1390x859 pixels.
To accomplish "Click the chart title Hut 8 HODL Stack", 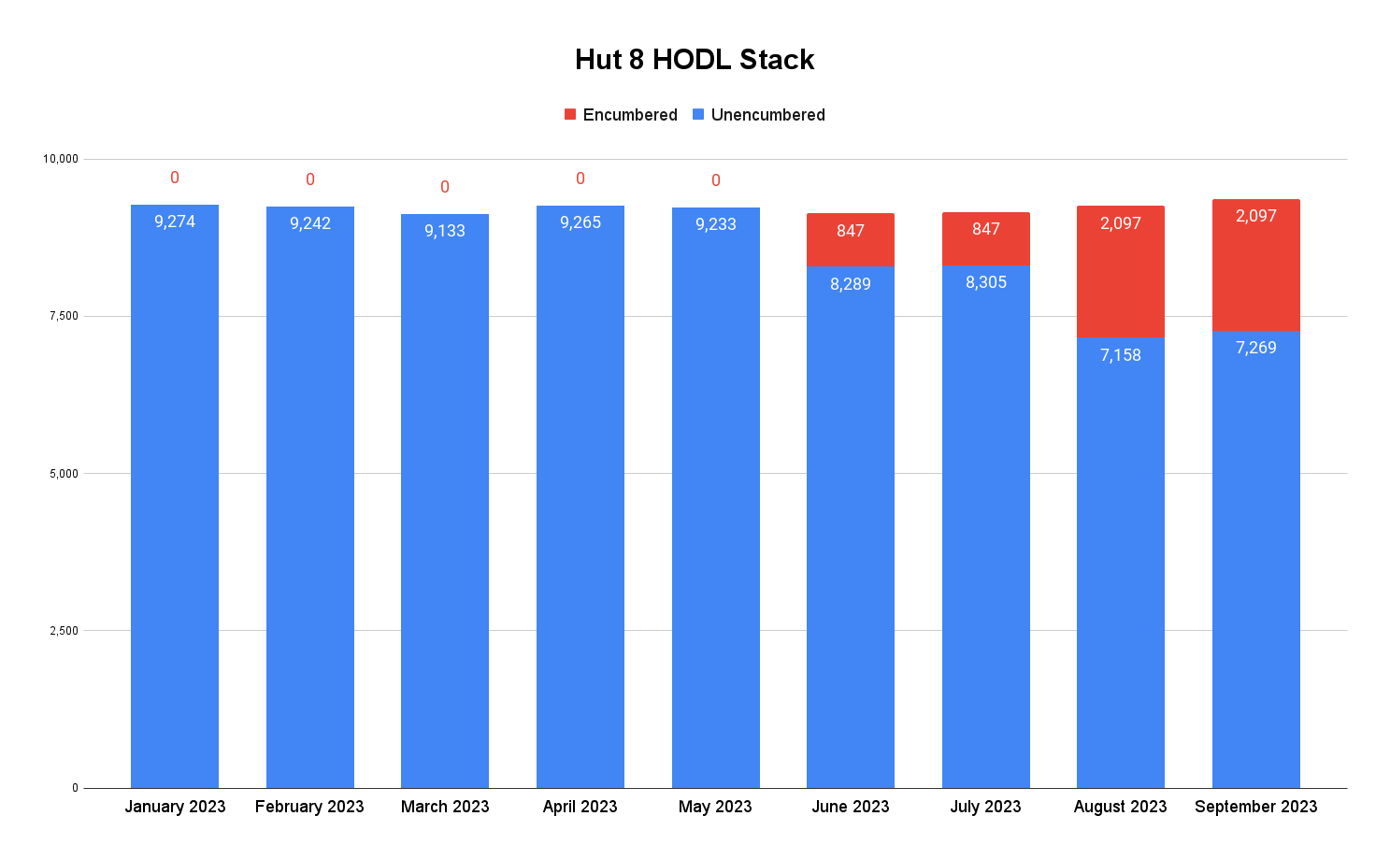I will pos(695,60).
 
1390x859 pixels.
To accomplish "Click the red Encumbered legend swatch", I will pos(570,115).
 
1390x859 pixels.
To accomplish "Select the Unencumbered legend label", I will pos(767,115).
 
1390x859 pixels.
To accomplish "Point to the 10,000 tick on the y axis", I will pos(61,159).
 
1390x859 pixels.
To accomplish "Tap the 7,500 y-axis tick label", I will pos(64,316).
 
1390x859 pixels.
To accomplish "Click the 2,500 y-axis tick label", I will pos(64,631).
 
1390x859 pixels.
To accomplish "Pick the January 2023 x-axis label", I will pos(175,807).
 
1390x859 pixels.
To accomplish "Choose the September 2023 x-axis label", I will pos(1255,807).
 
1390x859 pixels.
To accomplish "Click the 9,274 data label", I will pos(175,222).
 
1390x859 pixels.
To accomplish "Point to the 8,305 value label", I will pos(986,282).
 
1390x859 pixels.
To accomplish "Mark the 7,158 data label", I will pos(1120,355).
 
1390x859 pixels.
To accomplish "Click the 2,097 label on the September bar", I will pos(1255,216).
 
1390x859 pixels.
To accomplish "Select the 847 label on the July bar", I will pos(986,229).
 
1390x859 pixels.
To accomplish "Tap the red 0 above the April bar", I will pos(580,179).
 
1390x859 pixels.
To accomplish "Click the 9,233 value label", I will pos(716,224).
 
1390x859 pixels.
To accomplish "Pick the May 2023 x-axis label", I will pos(715,807).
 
